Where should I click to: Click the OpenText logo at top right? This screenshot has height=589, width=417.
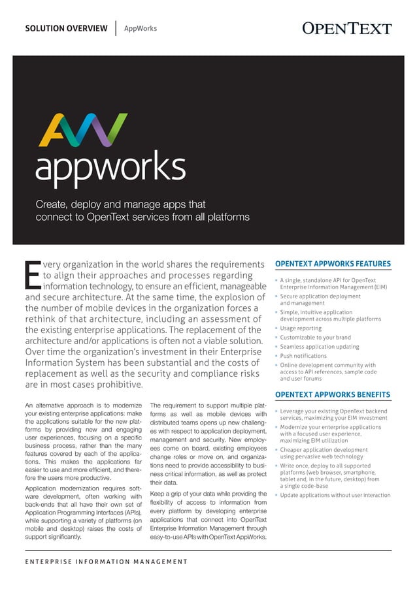click(x=347, y=28)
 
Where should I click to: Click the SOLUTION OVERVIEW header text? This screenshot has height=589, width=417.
click(x=66, y=28)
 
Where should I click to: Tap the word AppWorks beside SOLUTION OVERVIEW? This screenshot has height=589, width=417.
click(x=141, y=28)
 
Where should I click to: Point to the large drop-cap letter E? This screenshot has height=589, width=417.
click(x=32, y=274)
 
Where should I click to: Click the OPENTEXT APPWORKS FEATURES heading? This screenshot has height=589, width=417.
click(x=333, y=264)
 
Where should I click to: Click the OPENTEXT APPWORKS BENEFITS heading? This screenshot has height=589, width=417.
click(x=333, y=394)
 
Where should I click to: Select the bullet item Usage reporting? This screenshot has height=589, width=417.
click(x=301, y=328)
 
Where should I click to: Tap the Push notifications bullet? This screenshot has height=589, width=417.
click(x=303, y=356)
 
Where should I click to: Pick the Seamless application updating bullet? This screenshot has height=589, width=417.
click(x=319, y=347)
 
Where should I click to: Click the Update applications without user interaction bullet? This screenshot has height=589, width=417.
click(x=335, y=495)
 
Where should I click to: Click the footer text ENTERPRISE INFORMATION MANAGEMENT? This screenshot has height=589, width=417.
click(x=107, y=562)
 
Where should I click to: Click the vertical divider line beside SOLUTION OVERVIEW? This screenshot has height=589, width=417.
click(x=116, y=28)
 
